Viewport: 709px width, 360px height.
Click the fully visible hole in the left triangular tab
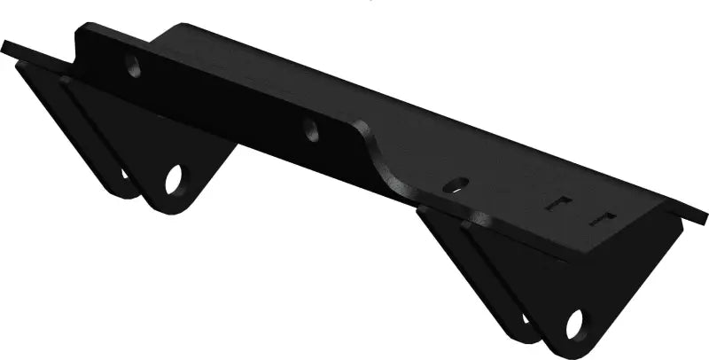174,178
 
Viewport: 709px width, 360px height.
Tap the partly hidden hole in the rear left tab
125,174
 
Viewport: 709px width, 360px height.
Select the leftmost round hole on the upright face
133,65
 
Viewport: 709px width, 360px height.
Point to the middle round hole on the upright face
311,130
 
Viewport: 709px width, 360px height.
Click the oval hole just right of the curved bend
455,185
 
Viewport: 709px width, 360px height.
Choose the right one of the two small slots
604,218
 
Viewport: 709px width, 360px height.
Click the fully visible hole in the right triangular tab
574,323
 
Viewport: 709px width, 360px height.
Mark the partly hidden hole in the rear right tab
526,317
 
